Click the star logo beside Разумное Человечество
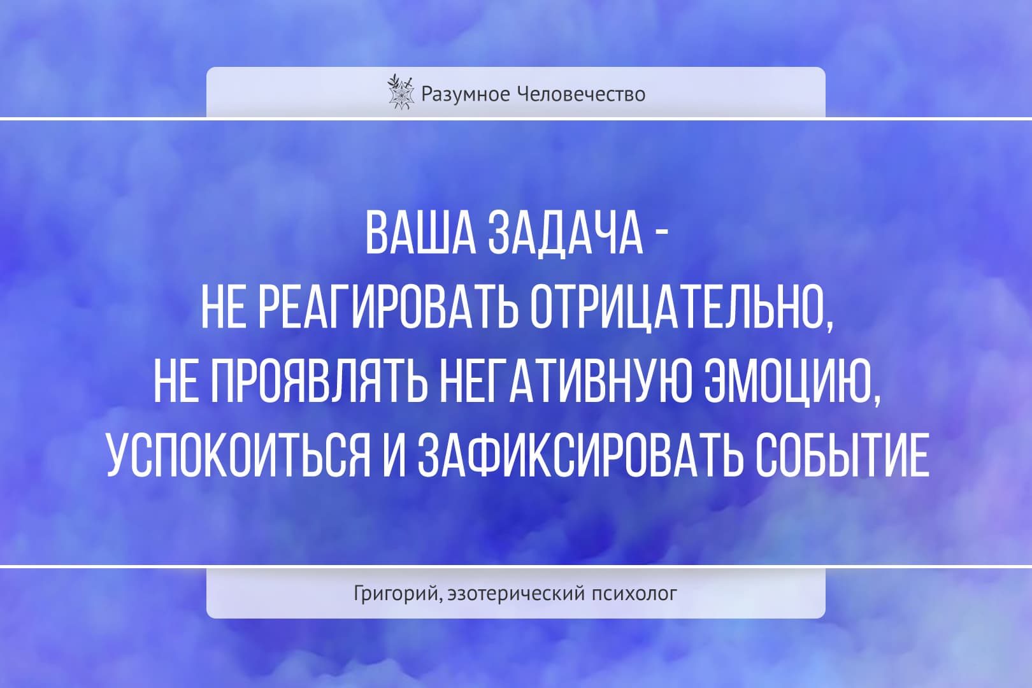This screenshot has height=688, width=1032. click(400, 92)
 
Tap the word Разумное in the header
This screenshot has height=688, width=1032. click(465, 95)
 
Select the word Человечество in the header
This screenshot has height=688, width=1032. click(582, 94)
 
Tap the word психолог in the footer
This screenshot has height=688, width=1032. click(634, 594)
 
